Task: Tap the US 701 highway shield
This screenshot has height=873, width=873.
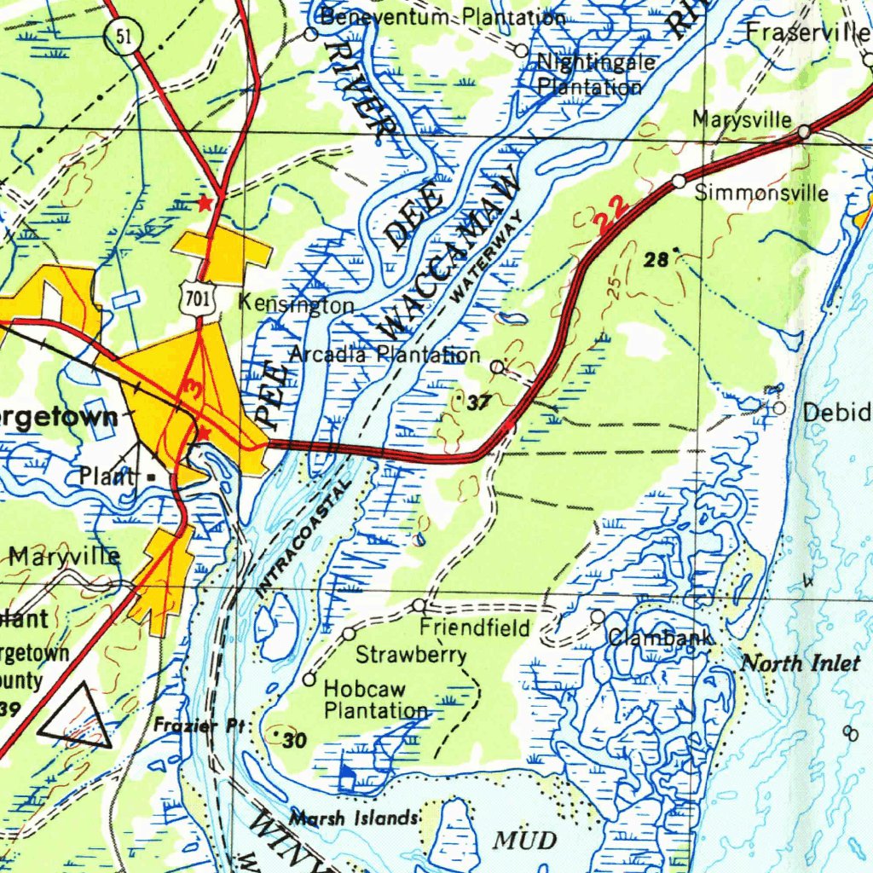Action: (x=199, y=298)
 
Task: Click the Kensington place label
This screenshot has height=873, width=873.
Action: (x=296, y=304)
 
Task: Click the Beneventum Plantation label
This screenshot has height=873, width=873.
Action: (x=442, y=17)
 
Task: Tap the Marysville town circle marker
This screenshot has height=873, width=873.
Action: (x=804, y=132)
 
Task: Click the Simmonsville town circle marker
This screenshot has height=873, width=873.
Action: (x=679, y=181)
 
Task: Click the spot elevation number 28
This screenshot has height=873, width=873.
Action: (x=656, y=261)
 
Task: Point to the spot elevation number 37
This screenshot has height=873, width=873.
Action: (x=479, y=404)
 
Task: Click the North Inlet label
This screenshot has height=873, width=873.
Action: (x=800, y=663)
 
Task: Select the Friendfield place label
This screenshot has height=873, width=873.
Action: (x=475, y=628)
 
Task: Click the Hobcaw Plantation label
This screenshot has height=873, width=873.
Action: (x=376, y=699)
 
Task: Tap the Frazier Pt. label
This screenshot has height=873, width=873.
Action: (x=199, y=726)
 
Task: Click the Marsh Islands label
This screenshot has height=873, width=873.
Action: (x=353, y=818)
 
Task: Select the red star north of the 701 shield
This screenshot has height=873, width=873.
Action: (x=204, y=203)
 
